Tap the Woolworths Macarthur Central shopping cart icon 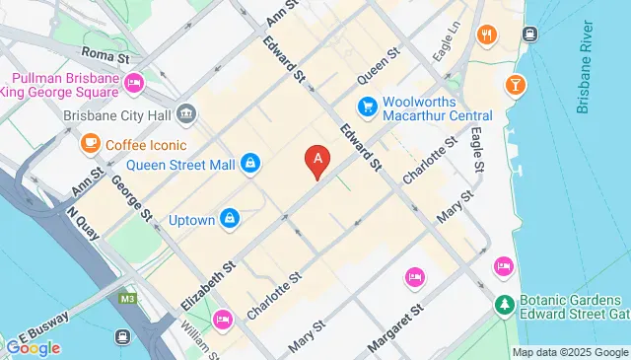pyautogui.click(x=368, y=106)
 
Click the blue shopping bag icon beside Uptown pyautogui.click(x=230, y=217)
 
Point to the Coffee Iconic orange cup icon pyautogui.click(x=91, y=144)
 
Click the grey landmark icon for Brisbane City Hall pyautogui.click(x=186, y=115)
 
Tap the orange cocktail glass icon pyautogui.click(x=514, y=86)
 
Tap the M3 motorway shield pyautogui.click(x=127, y=297)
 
